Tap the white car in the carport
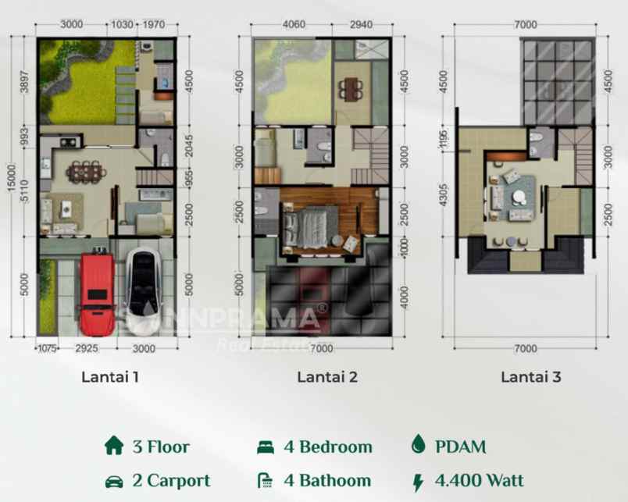(x=144, y=290)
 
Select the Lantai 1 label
(x=110, y=377)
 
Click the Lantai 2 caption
(x=327, y=377)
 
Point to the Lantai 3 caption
(x=531, y=377)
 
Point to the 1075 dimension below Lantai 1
(x=47, y=349)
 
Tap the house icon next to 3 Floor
(x=114, y=447)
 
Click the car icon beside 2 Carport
(x=114, y=480)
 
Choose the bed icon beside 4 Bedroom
(x=266, y=447)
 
